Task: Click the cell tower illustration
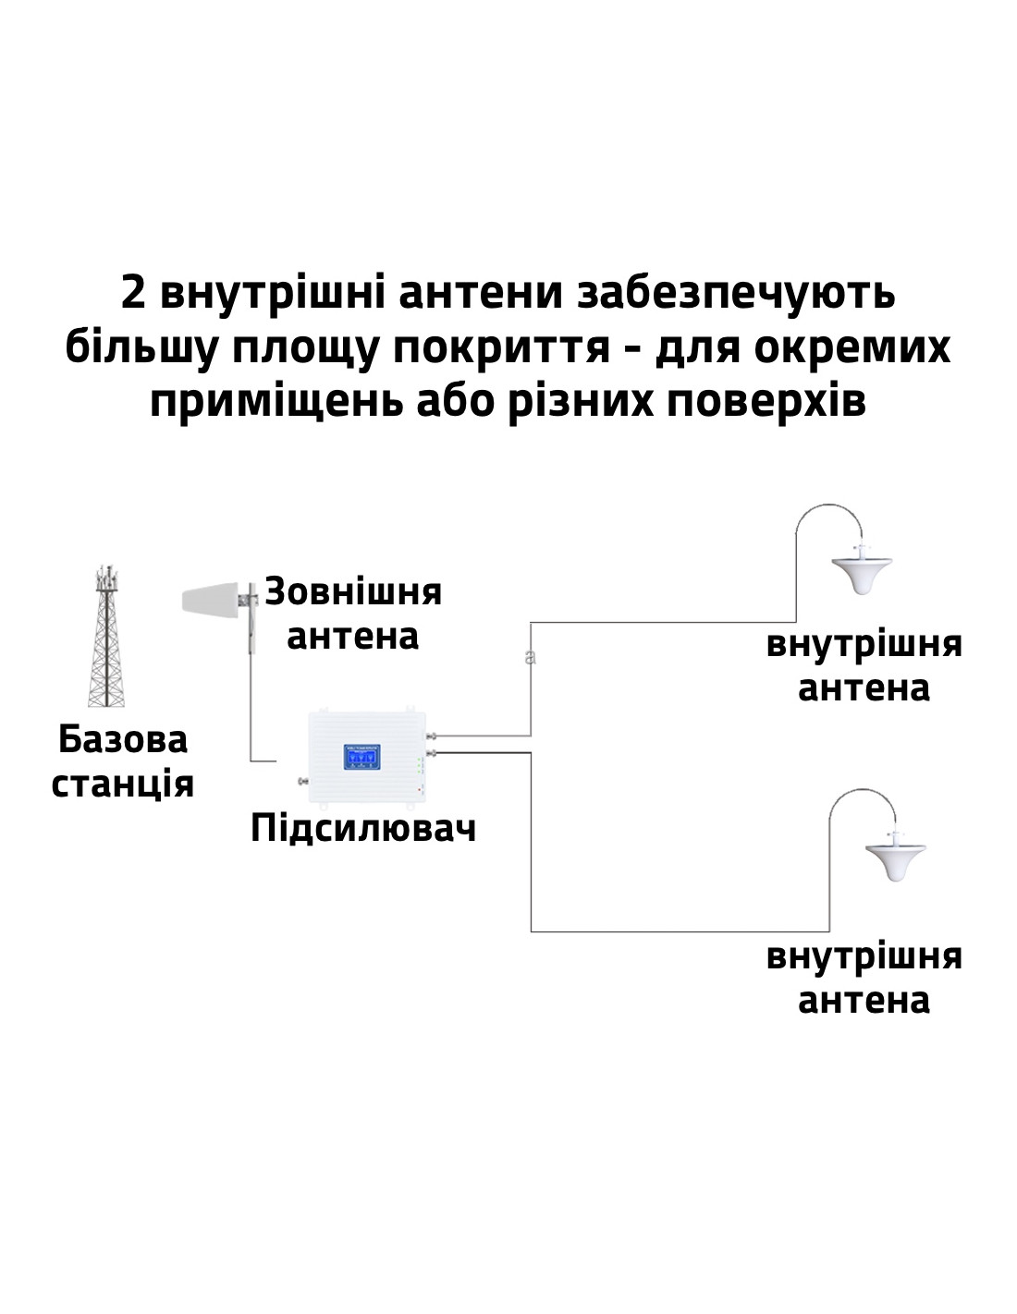coord(106,635)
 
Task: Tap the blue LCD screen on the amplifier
coord(361,757)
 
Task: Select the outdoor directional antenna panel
coord(212,598)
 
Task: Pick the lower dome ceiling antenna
coord(895,858)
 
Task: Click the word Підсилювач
coord(363,828)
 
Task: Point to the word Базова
coord(123,739)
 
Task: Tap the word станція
coord(122,785)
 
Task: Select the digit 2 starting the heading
coord(132,293)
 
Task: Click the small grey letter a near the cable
coord(530,657)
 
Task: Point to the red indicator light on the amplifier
coord(419,790)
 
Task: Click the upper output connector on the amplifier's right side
coord(433,736)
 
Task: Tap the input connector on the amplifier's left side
coord(302,781)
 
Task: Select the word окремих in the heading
coord(852,348)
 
